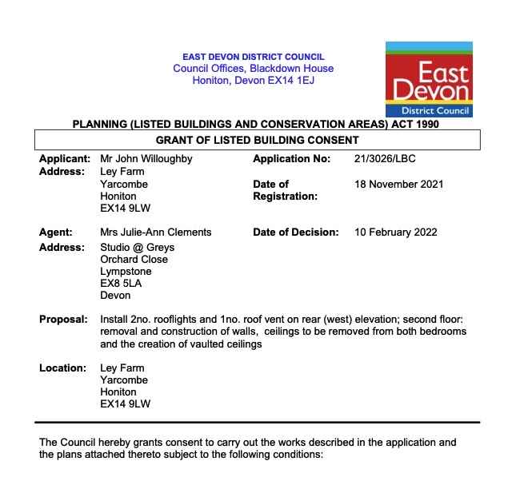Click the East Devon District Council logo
coord(429,79)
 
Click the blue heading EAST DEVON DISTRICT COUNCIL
coord(254,57)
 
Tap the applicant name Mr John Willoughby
coord(146,159)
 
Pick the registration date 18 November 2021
coord(398,184)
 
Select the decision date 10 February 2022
coord(394,233)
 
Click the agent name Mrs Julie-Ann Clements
coord(156,233)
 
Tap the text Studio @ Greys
coord(137,248)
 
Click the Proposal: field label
coord(63,320)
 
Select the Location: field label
coord(62,368)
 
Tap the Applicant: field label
coord(64,159)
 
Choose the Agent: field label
coord(56,233)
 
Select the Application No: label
coord(291,159)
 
